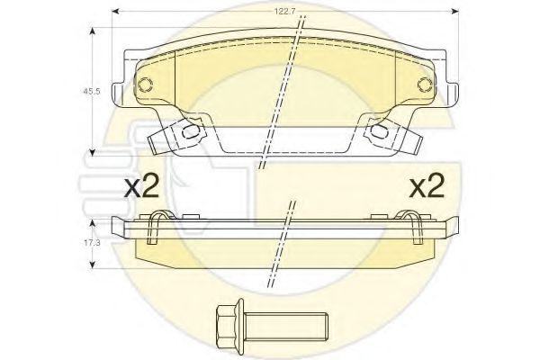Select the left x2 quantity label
(x=141, y=185)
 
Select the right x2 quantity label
(x=427, y=185)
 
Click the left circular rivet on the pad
(x=145, y=85)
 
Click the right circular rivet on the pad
(x=425, y=85)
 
